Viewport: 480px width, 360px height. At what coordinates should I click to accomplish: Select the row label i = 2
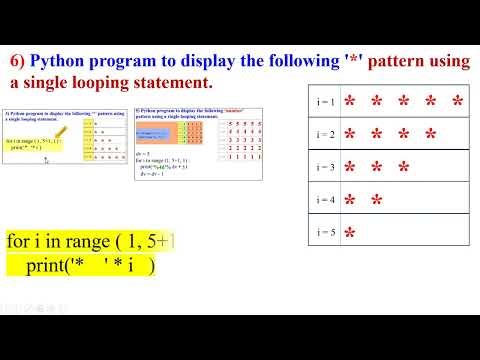tap(324, 134)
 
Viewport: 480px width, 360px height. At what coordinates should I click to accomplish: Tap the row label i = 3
tap(324, 167)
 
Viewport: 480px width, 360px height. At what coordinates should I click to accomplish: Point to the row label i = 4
tap(324, 200)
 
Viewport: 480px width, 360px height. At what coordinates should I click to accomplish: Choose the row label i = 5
tap(324, 233)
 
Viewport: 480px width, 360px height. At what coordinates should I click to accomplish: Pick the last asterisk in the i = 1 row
tap(458, 103)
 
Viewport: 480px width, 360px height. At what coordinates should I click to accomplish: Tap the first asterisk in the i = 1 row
tap(350, 103)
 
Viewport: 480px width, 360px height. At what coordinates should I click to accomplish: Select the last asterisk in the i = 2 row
tap(431, 135)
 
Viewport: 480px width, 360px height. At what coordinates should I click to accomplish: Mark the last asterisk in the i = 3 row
tap(404, 168)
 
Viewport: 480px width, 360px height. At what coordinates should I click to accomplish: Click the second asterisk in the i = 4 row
tap(377, 201)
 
